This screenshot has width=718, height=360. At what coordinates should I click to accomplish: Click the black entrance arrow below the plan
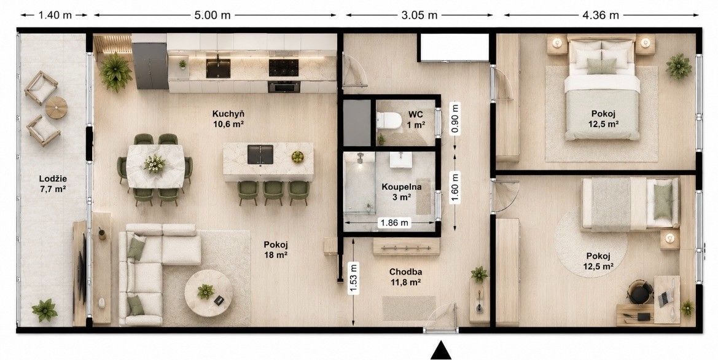pyautogui.click(x=441, y=350)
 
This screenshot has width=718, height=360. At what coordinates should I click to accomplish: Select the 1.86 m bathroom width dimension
pyautogui.click(x=393, y=223)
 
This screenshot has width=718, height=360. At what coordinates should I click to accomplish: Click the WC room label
pyautogui.click(x=416, y=114)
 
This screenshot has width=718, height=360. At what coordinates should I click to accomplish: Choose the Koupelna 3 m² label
pyautogui.click(x=402, y=192)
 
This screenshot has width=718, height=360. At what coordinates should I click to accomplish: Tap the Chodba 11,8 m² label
pyautogui.click(x=405, y=277)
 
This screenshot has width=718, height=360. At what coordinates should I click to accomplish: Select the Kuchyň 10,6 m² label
pyautogui.click(x=228, y=118)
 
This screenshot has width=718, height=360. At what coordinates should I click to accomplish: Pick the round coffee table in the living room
pyautogui.click(x=208, y=292)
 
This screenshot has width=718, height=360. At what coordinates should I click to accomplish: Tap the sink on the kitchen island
pyautogui.click(x=260, y=154)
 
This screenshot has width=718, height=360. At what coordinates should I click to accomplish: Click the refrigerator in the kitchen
pyautogui.click(x=150, y=66)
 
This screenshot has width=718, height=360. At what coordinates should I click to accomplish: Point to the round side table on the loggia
pyautogui.click(x=57, y=108)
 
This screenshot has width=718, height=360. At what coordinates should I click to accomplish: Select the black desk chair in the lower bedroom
pyautogui.click(x=640, y=292)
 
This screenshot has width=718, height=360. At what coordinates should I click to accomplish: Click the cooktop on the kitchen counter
pyautogui.click(x=283, y=68)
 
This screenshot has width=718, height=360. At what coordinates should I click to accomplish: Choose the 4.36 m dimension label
pyautogui.click(x=600, y=15)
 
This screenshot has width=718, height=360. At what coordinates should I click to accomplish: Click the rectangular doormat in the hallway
pyautogui.click(x=409, y=308)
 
